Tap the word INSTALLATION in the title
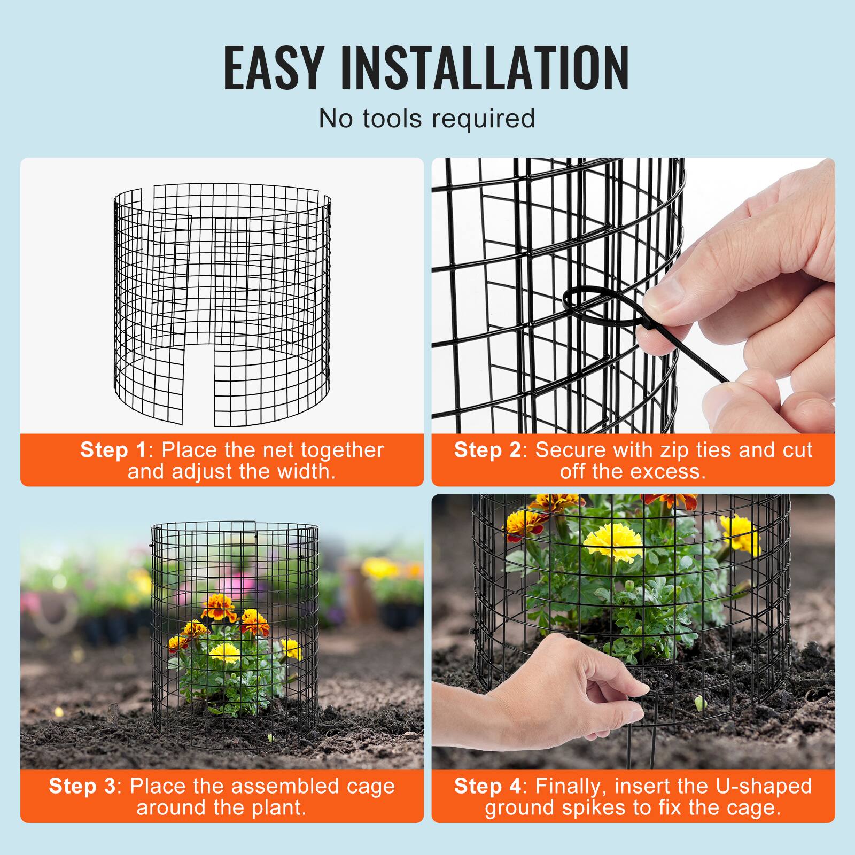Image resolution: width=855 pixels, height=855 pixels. (485, 68)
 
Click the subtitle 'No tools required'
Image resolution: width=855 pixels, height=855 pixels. (426, 118)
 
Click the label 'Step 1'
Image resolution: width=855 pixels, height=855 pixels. (113, 450)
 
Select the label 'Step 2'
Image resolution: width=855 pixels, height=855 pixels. (487, 450)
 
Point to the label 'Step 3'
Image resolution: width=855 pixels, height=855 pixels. (82, 786)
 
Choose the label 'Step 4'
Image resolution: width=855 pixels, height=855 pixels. (487, 786)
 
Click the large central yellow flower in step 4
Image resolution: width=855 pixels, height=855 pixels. (612, 541)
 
